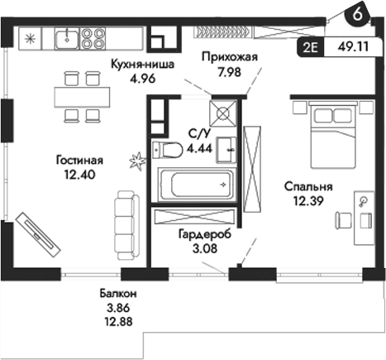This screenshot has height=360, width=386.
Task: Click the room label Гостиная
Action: coord(79,160)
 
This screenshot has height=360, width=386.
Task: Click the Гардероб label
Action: coord(204,234)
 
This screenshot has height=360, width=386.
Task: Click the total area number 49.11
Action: coord(356,48)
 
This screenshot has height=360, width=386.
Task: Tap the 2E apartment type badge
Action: coord(311,48)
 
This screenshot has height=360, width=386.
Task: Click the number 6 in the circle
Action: coord(356,14)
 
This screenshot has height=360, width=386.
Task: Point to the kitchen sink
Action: coord(66,37)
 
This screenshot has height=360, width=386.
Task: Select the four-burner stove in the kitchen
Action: coord(93,37)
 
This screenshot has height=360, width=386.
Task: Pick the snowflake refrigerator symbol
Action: coord(30,37)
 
